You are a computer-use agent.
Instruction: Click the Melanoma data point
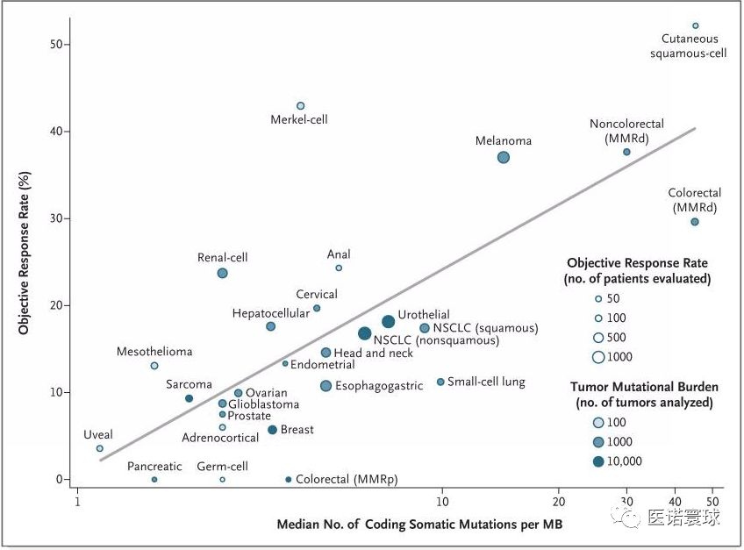pyautogui.click(x=504, y=157)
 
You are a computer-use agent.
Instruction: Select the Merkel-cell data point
pyautogui.click(x=301, y=106)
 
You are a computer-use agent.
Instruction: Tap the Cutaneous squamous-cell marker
pyautogui.click(x=696, y=25)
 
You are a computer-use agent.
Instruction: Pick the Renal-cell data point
pyautogui.click(x=222, y=274)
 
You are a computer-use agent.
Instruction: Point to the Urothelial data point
pyautogui.click(x=389, y=322)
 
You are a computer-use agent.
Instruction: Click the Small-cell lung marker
pyautogui.click(x=440, y=382)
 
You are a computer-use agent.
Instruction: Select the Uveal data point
pyautogui.click(x=100, y=448)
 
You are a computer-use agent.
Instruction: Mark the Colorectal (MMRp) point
pyautogui.click(x=289, y=479)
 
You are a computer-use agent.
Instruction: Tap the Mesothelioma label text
pyautogui.click(x=154, y=352)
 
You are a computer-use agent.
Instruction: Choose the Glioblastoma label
pyautogui.click(x=263, y=404)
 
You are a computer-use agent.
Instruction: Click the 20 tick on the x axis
pyautogui.click(x=558, y=500)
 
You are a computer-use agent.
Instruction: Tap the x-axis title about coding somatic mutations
pyautogui.click(x=419, y=525)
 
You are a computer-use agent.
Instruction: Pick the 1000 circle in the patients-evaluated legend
pyautogui.click(x=599, y=357)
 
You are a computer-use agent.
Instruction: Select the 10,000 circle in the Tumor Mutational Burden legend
pyautogui.click(x=598, y=461)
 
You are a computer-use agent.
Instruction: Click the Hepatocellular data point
pyautogui.click(x=271, y=326)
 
